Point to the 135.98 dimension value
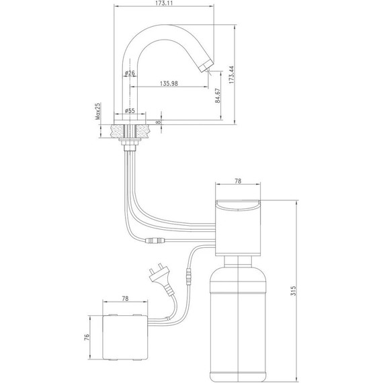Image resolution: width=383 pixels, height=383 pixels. click(x=169, y=84)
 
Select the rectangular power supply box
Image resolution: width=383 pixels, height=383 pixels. click(x=127, y=338)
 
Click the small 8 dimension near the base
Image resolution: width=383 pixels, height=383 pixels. click(x=157, y=122)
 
